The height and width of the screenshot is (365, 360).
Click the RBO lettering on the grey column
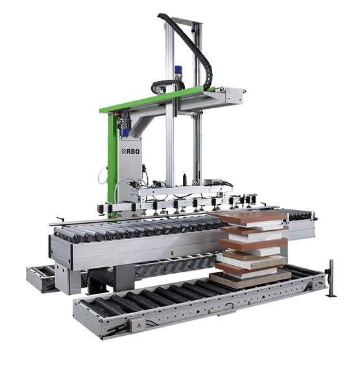(133, 152)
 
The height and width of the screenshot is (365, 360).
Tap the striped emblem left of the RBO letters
(124, 152)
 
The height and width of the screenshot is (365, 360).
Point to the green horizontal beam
(157, 99)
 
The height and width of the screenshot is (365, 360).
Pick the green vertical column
(113, 158)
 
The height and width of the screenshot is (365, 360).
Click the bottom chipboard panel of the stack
(250, 279)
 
